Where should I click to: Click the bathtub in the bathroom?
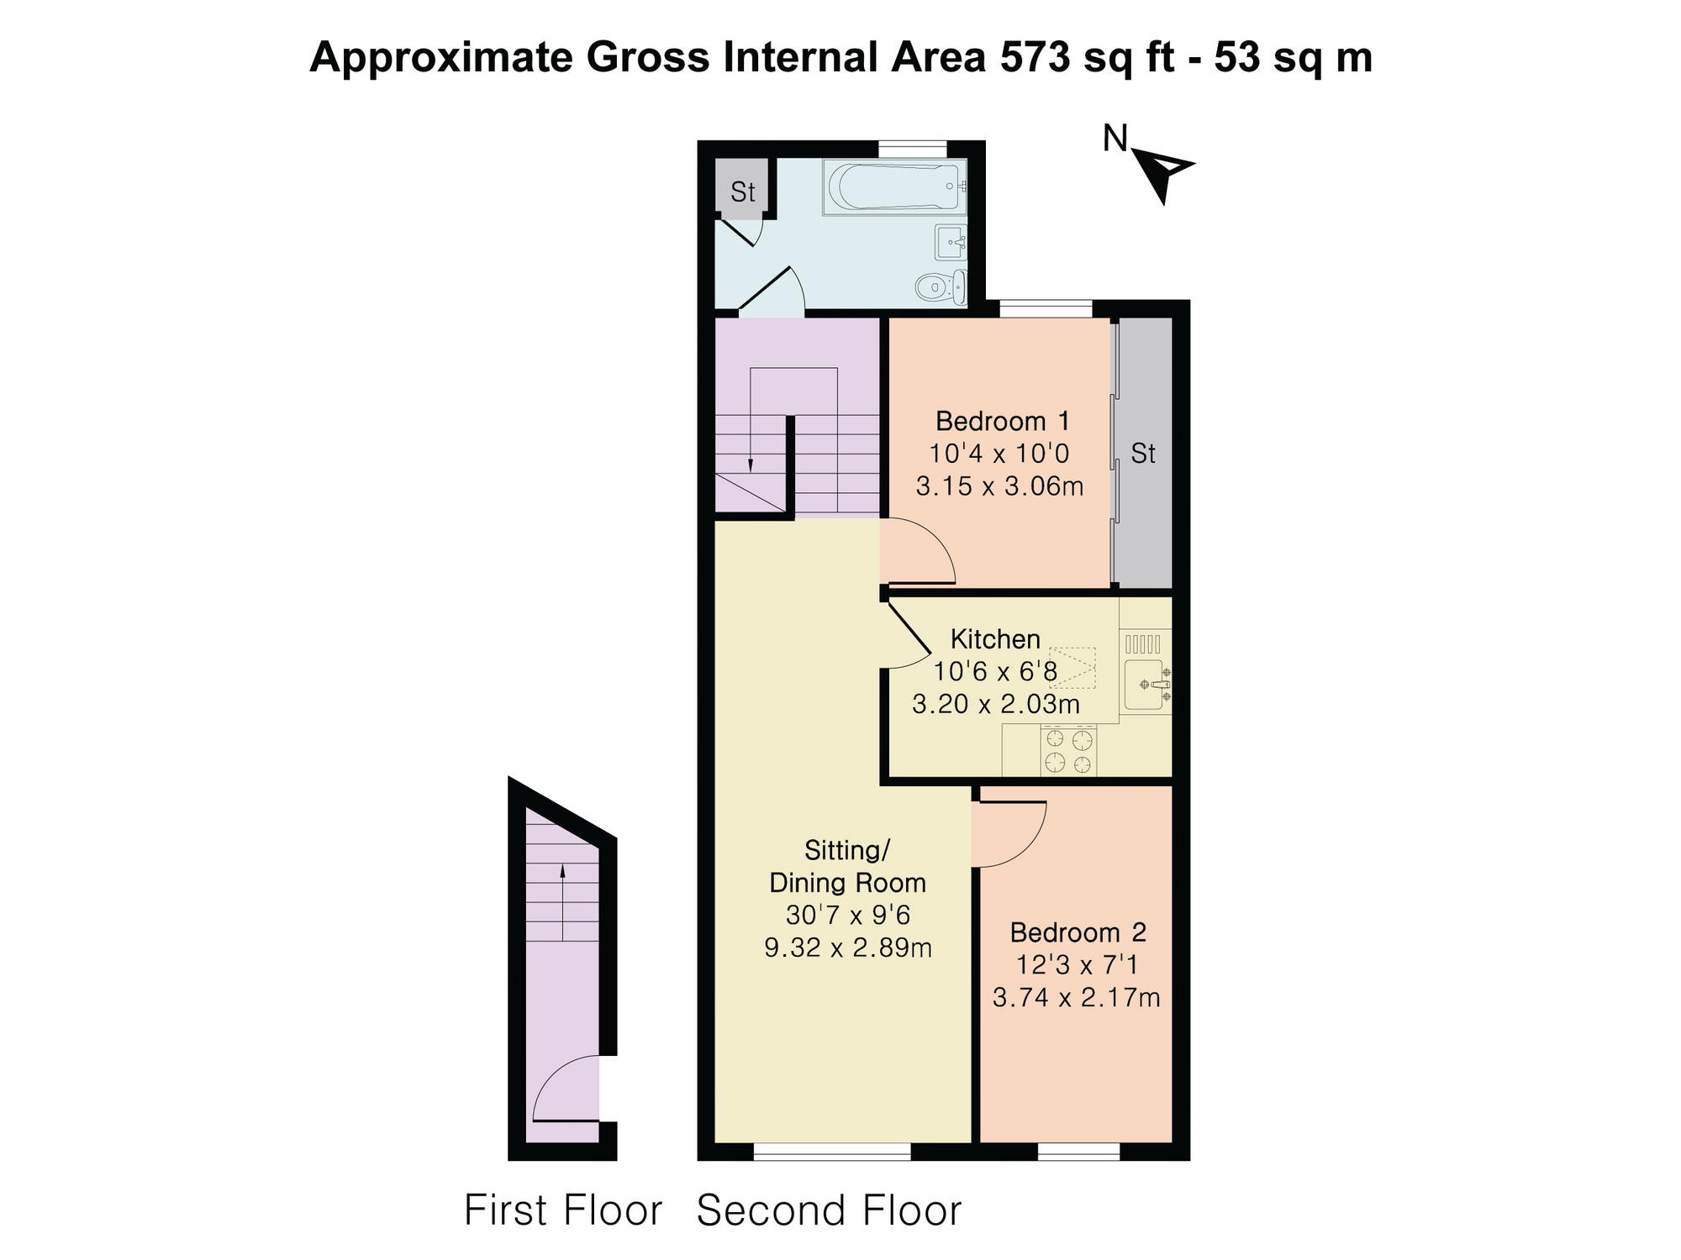click(895, 187)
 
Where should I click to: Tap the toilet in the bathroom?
click(941, 287)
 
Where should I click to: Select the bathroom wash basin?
click(951, 242)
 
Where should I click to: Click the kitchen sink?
click(1146, 685)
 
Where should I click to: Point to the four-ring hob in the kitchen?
click(1068, 751)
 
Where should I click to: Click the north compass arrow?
click(1162, 174)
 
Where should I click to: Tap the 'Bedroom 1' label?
click(1002, 421)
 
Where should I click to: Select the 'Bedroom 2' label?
click(1078, 932)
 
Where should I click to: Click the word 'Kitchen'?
click(995, 639)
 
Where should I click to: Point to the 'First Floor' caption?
click(563, 1210)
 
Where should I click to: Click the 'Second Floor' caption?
click(829, 1210)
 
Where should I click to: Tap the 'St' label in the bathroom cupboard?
click(743, 192)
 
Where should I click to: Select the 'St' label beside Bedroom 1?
click(1143, 454)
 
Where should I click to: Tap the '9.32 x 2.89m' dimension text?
click(848, 948)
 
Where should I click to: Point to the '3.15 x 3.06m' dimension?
click(999, 486)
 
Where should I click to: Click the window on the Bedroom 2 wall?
click(1078, 1152)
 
